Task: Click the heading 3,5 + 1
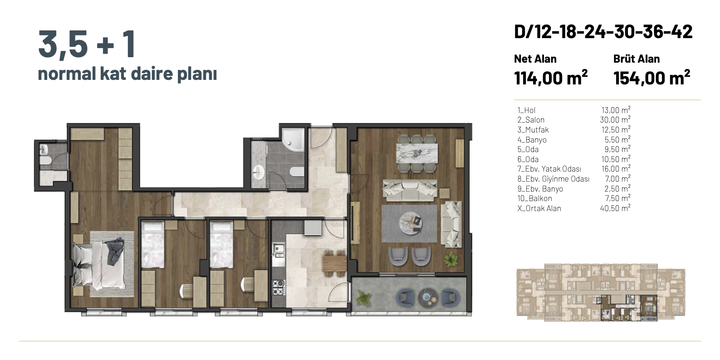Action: tap(87, 44)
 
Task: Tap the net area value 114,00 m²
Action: tap(551, 78)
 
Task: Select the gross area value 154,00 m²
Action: tap(651, 78)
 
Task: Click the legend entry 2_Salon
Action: tap(531, 120)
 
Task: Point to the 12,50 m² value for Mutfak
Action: tap(616, 129)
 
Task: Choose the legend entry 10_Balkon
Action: tap(534, 198)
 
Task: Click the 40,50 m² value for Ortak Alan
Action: tap(615, 208)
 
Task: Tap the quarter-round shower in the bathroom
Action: tap(293, 140)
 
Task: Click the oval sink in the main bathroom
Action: tap(258, 173)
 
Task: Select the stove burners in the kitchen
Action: tap(279, 288)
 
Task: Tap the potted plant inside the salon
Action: tap(451, 259)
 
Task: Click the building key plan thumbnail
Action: tap(601, 292)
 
